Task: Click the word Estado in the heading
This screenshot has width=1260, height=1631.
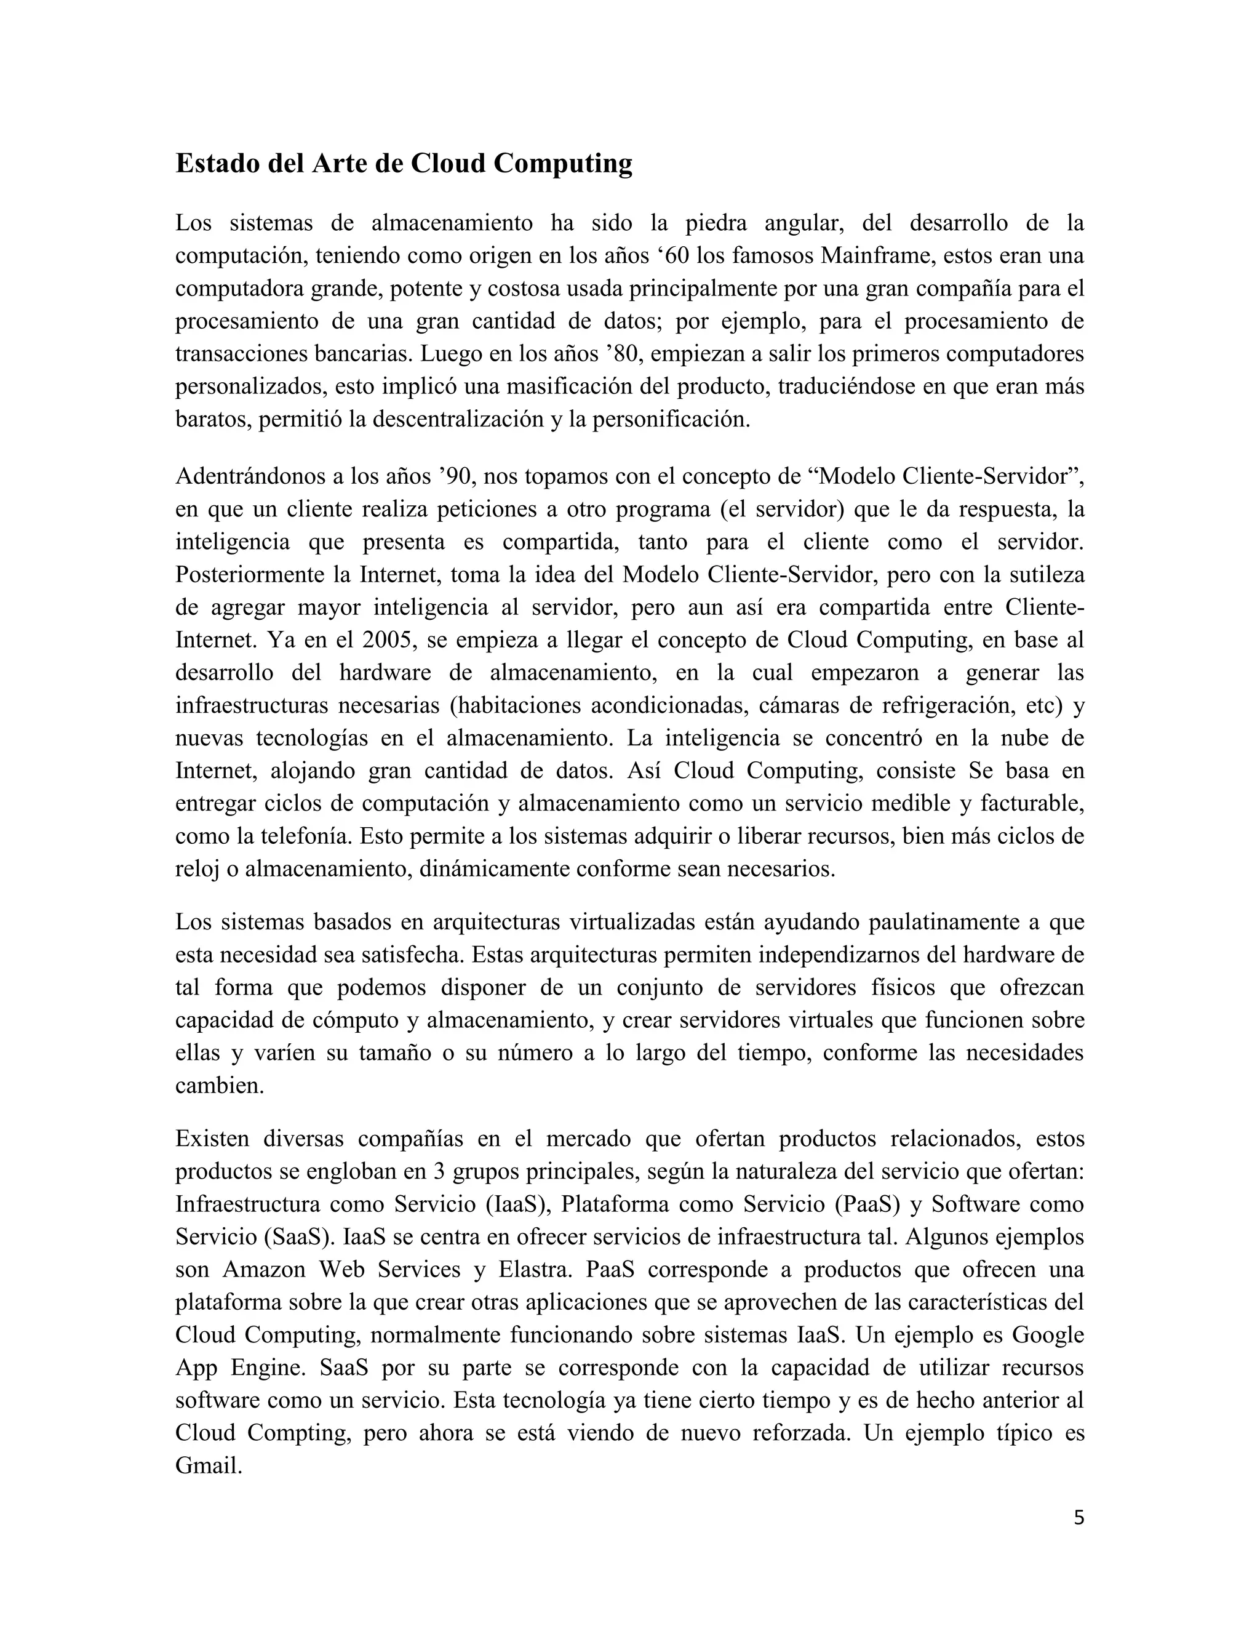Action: (x=217, y=163)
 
